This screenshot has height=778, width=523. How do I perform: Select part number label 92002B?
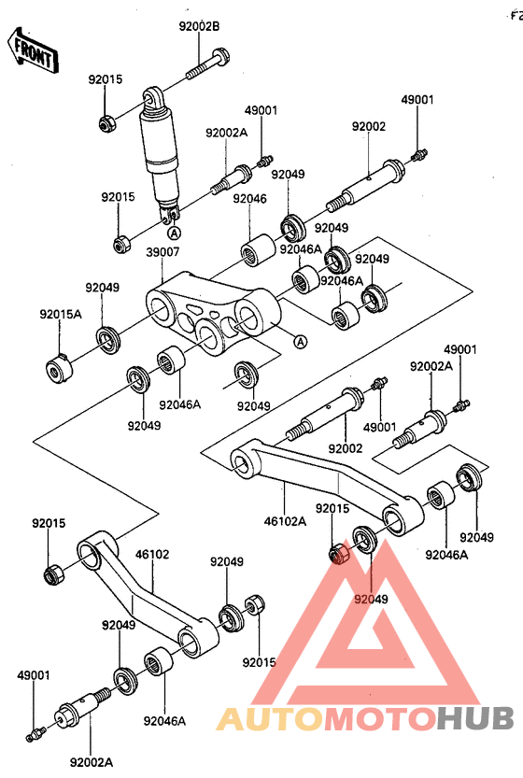[199, 26]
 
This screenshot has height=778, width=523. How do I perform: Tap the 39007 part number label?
[163, 252]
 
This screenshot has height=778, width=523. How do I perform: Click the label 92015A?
[61, 314]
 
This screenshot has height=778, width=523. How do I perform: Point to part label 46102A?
[286, 521]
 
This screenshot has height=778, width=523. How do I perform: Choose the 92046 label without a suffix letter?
[249, 198]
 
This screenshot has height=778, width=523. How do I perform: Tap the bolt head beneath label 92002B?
[220, 56]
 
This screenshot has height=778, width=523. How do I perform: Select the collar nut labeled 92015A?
[59, 369]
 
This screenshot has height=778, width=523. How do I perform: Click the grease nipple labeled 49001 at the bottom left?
[35, 733]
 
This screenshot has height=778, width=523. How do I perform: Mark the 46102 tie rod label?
[152, 554]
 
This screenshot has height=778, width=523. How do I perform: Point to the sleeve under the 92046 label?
[258, 250]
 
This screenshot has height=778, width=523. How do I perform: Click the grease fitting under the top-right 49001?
[419, 155]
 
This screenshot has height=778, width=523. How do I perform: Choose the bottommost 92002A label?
[92, 761]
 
